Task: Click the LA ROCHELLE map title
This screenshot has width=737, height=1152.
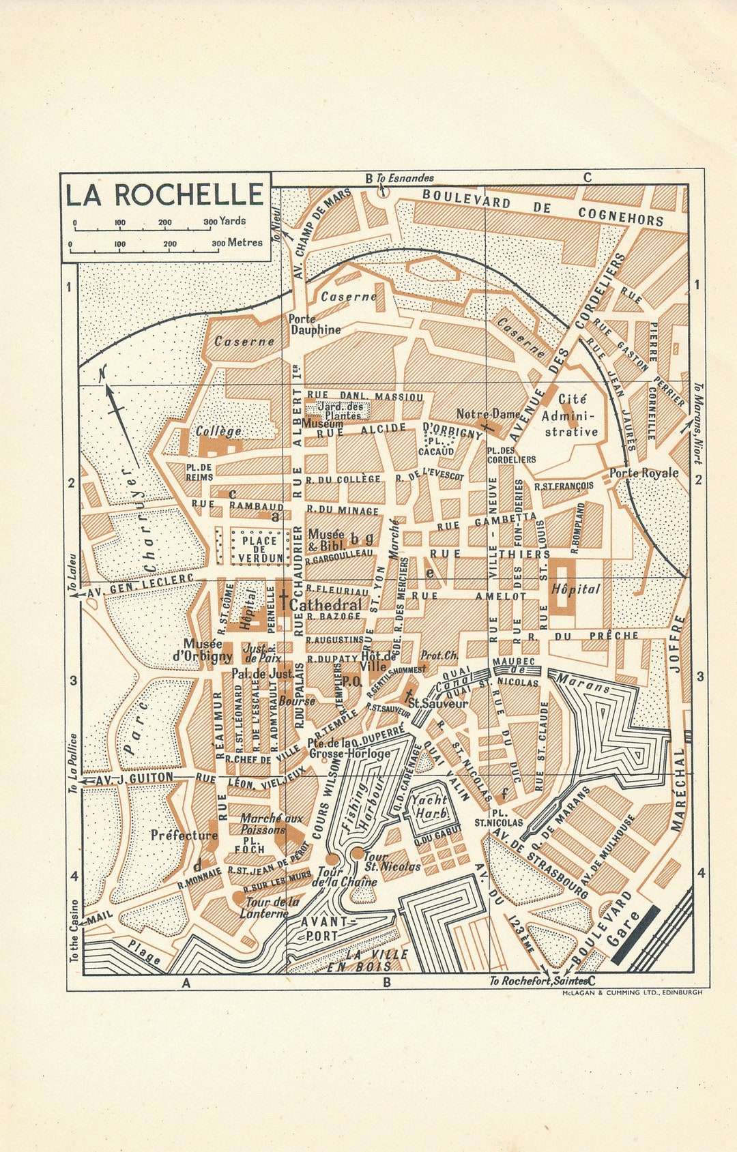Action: click(164, 194)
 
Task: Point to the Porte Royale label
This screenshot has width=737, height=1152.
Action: click(644, 473)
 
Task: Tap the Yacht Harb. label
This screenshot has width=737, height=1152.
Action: click(430, 807)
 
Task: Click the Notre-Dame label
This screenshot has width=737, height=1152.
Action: click(489, 414)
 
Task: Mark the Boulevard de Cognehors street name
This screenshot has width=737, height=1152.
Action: click(543, 207)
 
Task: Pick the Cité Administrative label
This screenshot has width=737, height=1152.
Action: click(570, 415)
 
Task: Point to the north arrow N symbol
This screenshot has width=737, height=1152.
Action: click(103, 374)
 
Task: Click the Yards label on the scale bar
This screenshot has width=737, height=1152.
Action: click(233, 221)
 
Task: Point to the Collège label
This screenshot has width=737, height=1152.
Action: click(218, 431)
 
